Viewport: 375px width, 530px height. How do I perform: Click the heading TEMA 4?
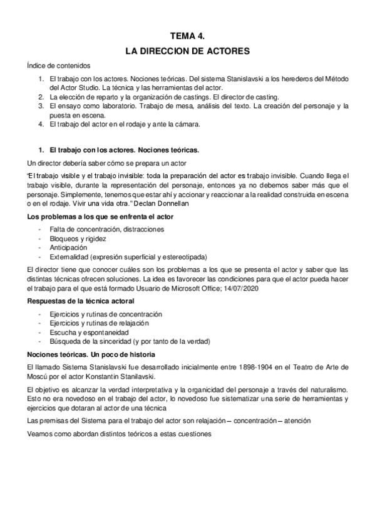tap(187, 36)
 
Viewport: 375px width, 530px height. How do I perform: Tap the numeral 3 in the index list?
tap(41, 106)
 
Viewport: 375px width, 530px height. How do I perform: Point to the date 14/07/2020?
tap(241, 288)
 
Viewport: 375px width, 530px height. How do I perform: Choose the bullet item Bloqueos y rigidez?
tap(78, 239)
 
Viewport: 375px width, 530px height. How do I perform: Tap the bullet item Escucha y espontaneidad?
tap(85, 332)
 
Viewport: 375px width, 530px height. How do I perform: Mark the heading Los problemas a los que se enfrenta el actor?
tap(100, 216)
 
